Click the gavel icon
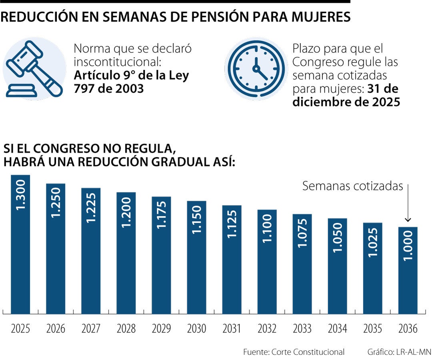[x=34, y=69]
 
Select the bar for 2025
[x=20, y=244]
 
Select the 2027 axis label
[x=91, y=329]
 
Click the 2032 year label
[x=267, y=329]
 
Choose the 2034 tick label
[x=337, y=329]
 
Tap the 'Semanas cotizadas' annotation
[x=352, y=186]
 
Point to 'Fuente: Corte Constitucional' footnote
[x=294, y=352]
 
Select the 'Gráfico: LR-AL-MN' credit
[x=399, y=352]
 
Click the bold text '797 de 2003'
[x=108, y=88]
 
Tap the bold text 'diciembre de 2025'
[x=346, y=102]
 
